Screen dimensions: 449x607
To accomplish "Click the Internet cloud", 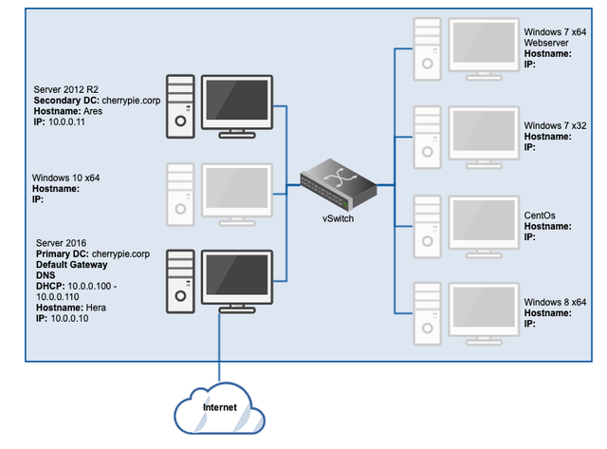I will click(x=220, y=410).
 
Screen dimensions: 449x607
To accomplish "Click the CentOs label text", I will click(x=541, y=215).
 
